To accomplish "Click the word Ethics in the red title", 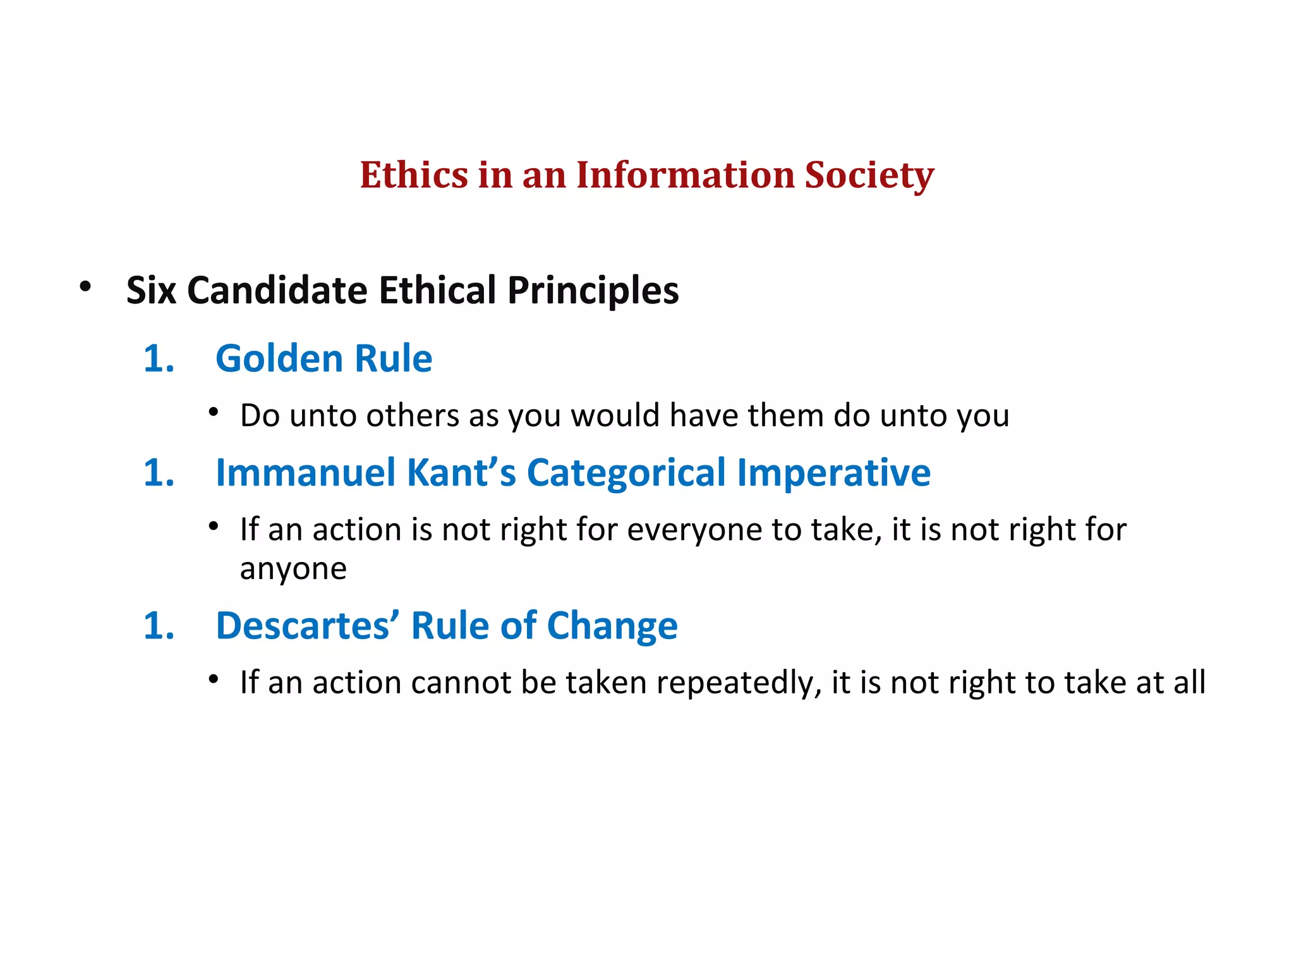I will (414, 175).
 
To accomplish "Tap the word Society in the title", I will (869, 175).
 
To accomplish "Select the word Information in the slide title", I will (685, 175).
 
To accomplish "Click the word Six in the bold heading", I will (150, 290).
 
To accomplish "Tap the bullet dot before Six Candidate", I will (85, 287).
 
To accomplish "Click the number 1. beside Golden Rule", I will (159, 358).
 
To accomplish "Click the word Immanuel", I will (306, 473).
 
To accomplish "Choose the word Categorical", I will (626, 473).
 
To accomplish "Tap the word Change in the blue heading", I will (612, 626).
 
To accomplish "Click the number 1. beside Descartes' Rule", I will (159, 626).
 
